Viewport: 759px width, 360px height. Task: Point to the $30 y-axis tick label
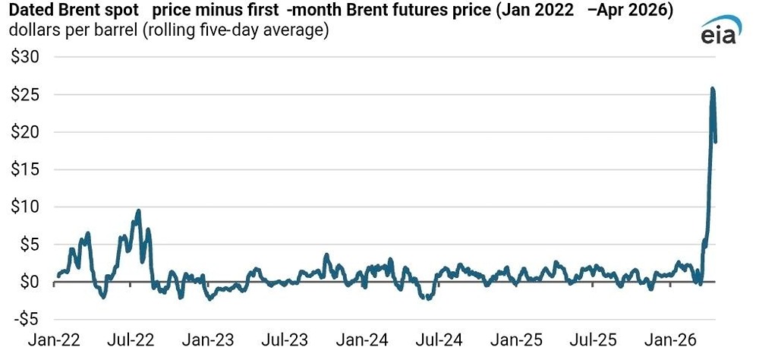click(26, 57)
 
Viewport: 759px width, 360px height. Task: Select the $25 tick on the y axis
click(26, 95)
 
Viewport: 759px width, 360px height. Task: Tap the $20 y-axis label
click(26, 132)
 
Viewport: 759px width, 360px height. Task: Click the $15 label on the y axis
click(26, 169)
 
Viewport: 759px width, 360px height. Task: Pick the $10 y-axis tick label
click(26, 207)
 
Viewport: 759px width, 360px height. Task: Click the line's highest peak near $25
click(713, 89)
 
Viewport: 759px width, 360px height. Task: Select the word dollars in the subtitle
click(32, 32)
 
